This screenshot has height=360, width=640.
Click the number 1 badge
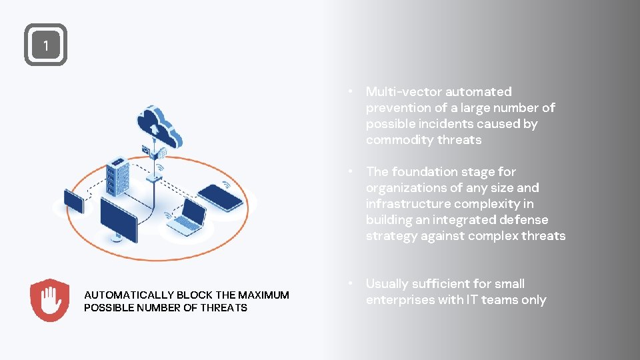tap(45, 45)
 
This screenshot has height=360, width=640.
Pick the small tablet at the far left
tap(73, 201)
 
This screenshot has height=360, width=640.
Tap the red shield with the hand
tap(50, 301)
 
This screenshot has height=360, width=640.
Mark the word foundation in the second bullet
tap(424, 172)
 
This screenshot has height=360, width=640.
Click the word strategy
tap(391, 236)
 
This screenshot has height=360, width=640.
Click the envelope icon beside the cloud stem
tap(145, 150)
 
